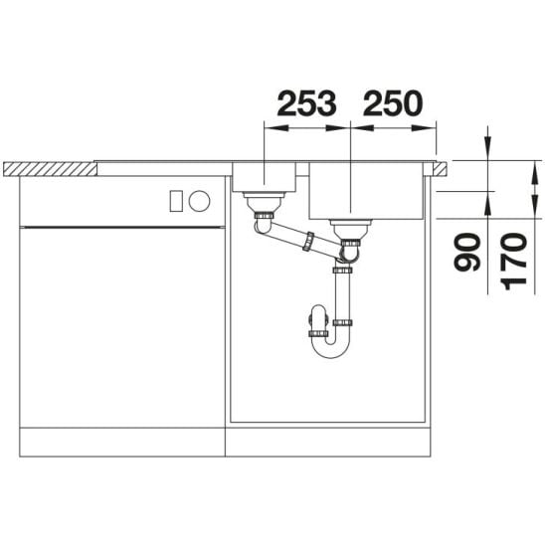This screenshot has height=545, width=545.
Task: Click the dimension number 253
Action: (x=306, y=102)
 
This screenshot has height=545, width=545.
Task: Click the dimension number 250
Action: (x=393, y=102)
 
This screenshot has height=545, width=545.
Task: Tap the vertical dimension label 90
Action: (x=467, y=252)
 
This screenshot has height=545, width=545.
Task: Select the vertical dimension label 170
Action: (x=514, y=262)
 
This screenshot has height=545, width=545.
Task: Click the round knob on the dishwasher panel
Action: (x=200, y=201)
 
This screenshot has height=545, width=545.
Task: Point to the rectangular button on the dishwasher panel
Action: (x=176, y=201)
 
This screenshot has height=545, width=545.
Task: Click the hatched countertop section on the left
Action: (x=50, y=169)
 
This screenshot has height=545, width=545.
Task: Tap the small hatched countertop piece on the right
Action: (x=440, y=169)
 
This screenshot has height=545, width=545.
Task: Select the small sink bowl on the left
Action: (x=265, y=177)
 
